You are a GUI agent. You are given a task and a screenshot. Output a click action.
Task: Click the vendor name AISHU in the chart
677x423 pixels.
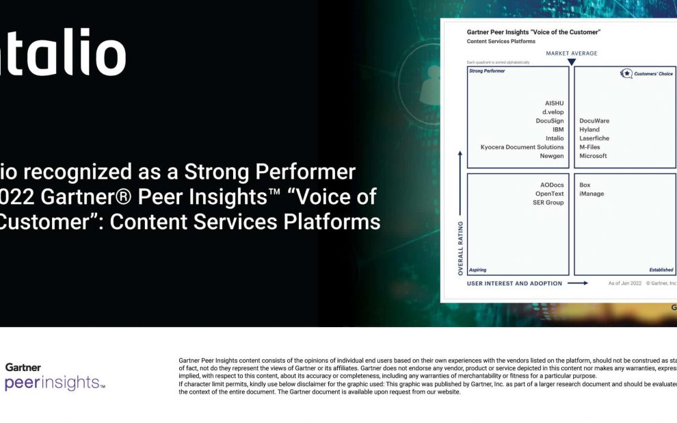(554, 103)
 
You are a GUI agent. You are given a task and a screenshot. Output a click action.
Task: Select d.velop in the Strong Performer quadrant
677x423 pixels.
(553, 112)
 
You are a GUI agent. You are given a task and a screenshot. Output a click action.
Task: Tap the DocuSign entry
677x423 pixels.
(550, 121)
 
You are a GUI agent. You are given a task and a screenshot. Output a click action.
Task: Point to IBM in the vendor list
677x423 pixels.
(558, 129)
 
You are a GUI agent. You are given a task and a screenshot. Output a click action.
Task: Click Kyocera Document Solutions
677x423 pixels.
(522, 147)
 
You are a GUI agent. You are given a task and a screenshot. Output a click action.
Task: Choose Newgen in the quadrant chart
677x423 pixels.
(552, 156)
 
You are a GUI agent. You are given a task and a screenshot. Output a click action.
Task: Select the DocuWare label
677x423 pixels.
(594, 121)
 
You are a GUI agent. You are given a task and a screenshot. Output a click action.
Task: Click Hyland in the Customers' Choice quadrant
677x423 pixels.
(589, 129)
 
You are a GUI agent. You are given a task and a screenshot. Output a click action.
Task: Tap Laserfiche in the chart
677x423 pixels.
(594, 138)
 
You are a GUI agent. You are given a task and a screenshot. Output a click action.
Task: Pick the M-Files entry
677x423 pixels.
(589, 147)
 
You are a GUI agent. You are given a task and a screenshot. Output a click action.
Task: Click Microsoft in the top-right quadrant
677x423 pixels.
(593, 156)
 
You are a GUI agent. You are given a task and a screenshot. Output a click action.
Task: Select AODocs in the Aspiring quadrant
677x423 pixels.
(552, 185)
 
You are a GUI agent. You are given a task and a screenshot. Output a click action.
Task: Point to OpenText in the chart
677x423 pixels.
(549, 194)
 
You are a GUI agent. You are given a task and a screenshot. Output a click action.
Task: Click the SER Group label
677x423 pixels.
(548, 203)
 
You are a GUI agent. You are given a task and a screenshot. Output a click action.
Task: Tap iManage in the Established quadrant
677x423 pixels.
(592, 194)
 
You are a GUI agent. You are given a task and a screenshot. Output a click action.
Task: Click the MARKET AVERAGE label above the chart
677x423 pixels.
(571, 53)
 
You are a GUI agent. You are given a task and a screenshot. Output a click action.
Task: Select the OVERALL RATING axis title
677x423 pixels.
(460, 248)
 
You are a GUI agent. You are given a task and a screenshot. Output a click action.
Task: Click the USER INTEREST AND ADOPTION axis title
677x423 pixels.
(514, 283)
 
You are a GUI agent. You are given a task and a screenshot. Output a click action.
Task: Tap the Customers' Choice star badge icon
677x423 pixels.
(626, 74)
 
